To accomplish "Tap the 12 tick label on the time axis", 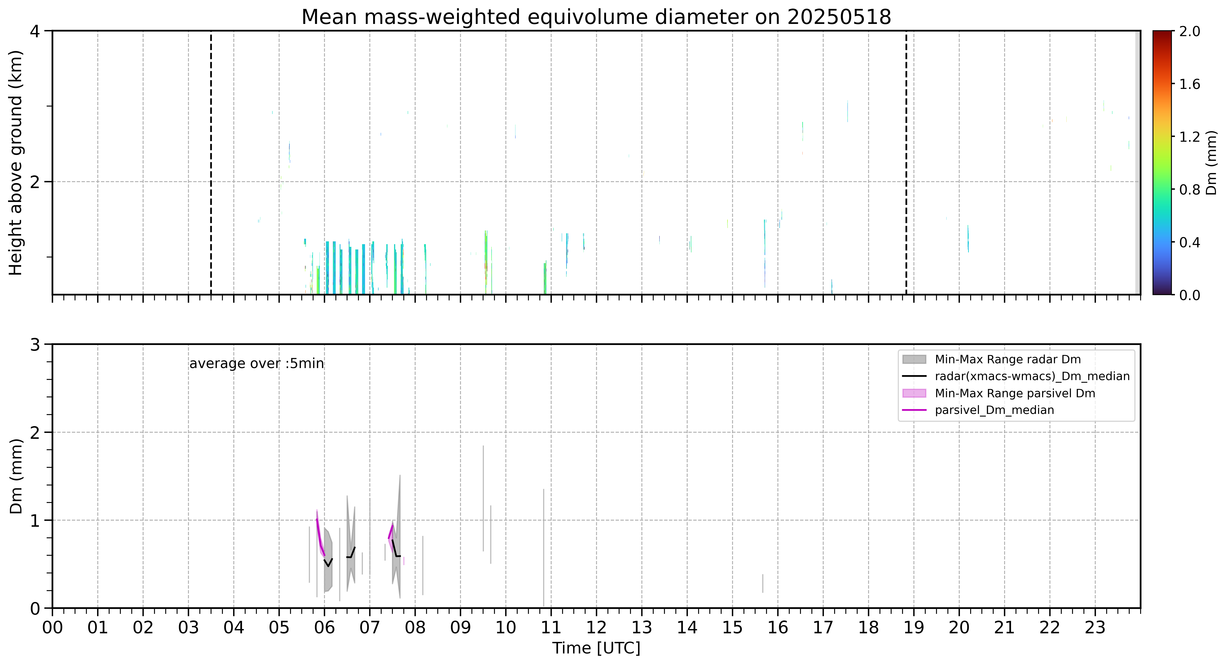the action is (596, 627).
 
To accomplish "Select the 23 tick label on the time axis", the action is (1095, 627).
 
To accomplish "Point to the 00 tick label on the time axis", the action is (52, 627).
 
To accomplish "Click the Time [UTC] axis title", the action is (596, 648).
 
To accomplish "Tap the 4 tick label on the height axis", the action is (35, 32).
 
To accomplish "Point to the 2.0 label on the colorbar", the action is (1189, 32).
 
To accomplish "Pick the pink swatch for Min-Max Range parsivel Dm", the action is (914, 393).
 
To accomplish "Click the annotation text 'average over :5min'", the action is (256, 364).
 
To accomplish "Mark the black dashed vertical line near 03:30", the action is (211, 162).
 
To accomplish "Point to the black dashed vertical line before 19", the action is (906, 162).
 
